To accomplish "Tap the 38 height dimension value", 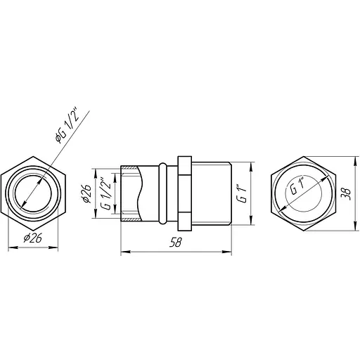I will pyautogui.click(x=344, y=193).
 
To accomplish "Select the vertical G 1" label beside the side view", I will pyautogui.click(x=241, y=193).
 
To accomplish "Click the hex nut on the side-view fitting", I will pyautogui.click(x=184, y=193).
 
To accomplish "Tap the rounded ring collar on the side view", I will pyautogui.click(x=163, y=193).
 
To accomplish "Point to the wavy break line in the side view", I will pyautogui.click(x=143, y=193).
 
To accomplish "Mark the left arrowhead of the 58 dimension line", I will pyautogui.click(x=124, y=251).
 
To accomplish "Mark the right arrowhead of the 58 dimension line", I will pyautogui.click(x=229, y=251).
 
